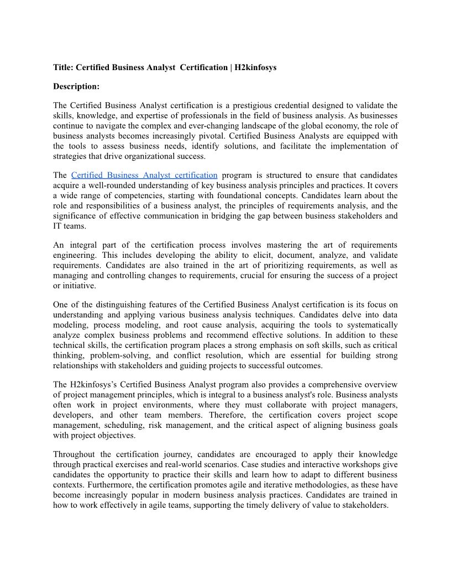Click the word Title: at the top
point(63,67)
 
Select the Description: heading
point(76,86)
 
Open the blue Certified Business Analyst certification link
point(144,175)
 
